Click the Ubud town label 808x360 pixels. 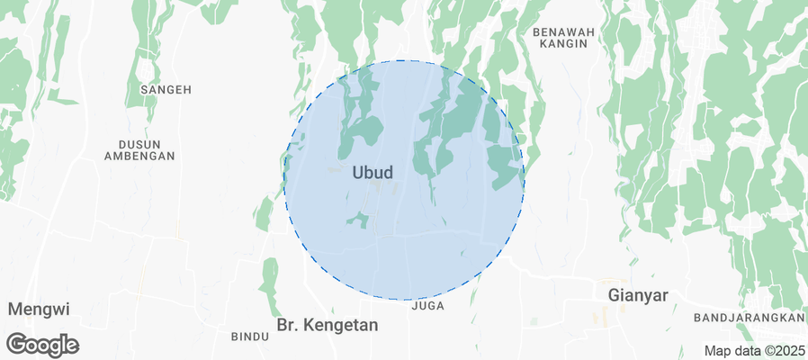pos(373,171)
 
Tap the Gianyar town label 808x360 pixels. pos(638,294)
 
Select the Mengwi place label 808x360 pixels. pos(39,309)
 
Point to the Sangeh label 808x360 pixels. pos(166,90)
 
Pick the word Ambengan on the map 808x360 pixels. pos(139,156)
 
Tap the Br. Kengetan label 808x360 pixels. pos(327,324)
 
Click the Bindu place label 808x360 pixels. pos(250,337)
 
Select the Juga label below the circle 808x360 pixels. pos(427,306)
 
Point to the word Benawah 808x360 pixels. pos(565,31)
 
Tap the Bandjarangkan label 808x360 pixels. pos(749,319)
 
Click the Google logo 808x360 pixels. pos(43,344)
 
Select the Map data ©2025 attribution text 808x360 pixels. pos(753,351)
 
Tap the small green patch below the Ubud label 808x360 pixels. pos(359,219)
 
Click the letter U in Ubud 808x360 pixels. pos(358,171)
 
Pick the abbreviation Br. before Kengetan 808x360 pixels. pos(289,324)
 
